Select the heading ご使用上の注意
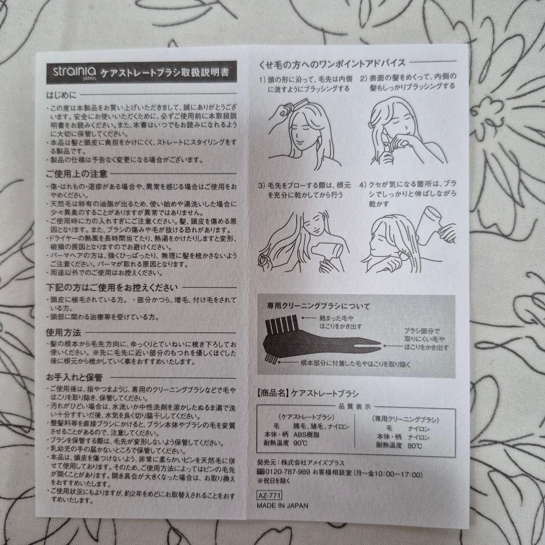coord(77,174)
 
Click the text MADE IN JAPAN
coord(282,505)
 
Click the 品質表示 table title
coord(353,406)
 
